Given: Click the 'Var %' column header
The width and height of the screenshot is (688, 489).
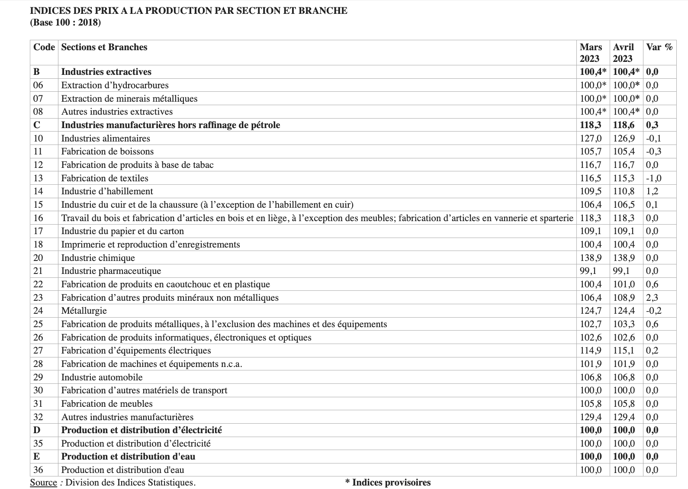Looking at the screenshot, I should point(659,47).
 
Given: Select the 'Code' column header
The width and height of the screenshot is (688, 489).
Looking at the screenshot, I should point(44,47).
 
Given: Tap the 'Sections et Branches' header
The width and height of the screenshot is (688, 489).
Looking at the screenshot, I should point(104,47).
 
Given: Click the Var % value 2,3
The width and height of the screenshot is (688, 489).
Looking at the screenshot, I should point(652,298).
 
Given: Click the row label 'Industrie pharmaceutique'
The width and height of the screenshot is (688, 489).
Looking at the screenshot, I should point(111,271).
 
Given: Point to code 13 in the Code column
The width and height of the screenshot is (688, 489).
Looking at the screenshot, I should point(38,178).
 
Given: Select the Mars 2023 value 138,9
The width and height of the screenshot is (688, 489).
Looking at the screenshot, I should point(591,258).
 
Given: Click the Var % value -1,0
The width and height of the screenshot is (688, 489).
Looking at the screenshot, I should point(653,178).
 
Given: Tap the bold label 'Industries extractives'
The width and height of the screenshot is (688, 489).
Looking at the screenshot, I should point(106,72).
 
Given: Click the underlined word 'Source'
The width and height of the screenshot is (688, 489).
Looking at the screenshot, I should point(43,483).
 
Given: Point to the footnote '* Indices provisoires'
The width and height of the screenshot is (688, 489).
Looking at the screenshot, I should point(388,483).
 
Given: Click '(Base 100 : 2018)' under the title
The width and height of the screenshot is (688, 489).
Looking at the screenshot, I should point(65,23).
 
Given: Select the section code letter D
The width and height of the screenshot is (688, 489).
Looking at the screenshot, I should point(37,430).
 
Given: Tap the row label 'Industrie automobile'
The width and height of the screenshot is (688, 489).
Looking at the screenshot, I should point(102,377).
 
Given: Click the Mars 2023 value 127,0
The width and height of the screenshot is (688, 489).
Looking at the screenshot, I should point(591,138).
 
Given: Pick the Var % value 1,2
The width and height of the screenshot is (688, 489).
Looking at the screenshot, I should point(652,191).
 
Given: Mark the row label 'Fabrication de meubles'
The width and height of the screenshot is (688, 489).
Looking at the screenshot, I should point(107,404).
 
